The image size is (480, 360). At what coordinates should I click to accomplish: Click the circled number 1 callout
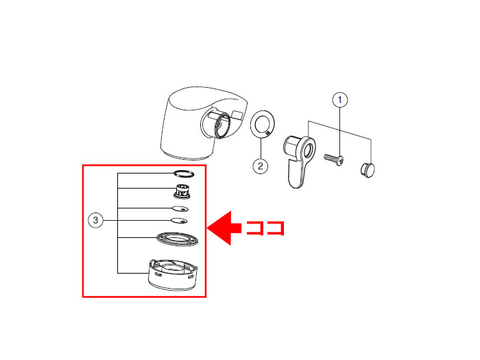(340, 100)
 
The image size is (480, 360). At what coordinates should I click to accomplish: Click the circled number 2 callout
(261, 166)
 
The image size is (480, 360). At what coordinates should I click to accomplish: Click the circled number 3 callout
(95, 220)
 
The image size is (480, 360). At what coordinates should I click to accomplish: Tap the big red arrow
(224, 228)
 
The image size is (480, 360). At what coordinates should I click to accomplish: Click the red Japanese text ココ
(265, 228)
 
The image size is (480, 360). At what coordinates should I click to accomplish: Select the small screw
(334, 158)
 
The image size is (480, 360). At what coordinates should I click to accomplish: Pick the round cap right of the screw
(368, 170)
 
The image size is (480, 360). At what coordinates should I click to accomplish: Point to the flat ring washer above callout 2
(263, 125)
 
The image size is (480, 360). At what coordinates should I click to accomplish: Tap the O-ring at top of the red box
(184, 174)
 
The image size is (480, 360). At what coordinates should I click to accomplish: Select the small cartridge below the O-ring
(182, 191)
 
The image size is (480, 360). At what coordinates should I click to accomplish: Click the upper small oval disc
(180, 209)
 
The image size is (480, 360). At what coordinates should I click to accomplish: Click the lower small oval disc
(179, 221)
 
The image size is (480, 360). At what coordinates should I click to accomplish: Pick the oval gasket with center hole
(177, 239)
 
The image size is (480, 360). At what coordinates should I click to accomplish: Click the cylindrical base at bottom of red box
(173, 275)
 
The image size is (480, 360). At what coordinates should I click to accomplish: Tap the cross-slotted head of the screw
(339, 160)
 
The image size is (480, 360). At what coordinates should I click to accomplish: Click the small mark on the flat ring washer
(268, 133)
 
